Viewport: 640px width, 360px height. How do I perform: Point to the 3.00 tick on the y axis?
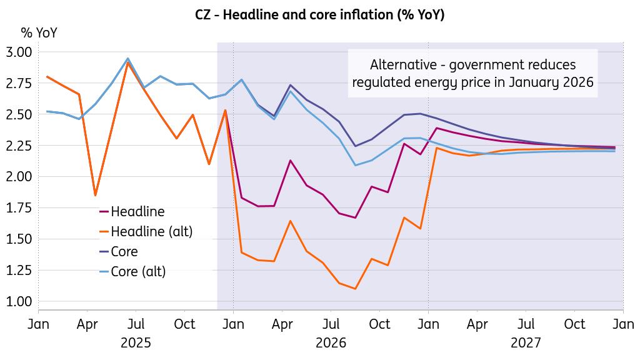[19, 52]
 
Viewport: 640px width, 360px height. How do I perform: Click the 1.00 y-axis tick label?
[19, 301]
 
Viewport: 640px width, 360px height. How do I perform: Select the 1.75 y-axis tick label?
[19, 207]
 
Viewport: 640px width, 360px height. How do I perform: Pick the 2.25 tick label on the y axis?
[19, 146]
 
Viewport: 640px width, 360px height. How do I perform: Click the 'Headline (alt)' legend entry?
[152, 232]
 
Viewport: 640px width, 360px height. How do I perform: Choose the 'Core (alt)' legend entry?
[138, 272]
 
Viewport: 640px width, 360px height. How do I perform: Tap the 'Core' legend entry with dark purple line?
[124, 252]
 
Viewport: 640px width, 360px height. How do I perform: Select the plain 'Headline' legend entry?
[137, 212]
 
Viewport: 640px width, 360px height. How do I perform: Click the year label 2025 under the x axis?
[136, 343]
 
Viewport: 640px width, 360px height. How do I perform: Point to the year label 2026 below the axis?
[331, 343]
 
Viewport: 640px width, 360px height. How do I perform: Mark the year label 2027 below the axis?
[526, 343]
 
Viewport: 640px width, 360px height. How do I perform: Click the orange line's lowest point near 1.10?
[355, 289]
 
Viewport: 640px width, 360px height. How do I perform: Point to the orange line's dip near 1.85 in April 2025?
[95, 195]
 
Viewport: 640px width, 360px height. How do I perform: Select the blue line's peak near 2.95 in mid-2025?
[127, 58]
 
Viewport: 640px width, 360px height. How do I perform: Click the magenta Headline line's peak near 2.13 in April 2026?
[290, 161]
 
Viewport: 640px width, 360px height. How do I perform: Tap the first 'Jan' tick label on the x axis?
[39, 324]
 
